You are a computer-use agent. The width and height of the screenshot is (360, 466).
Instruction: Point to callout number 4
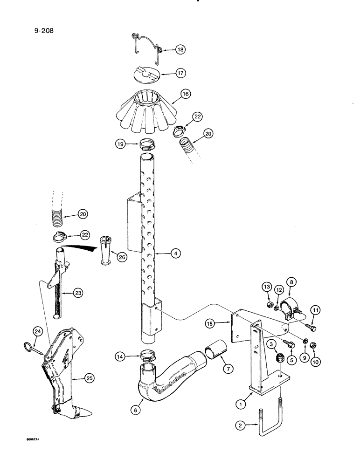[175, 254]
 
